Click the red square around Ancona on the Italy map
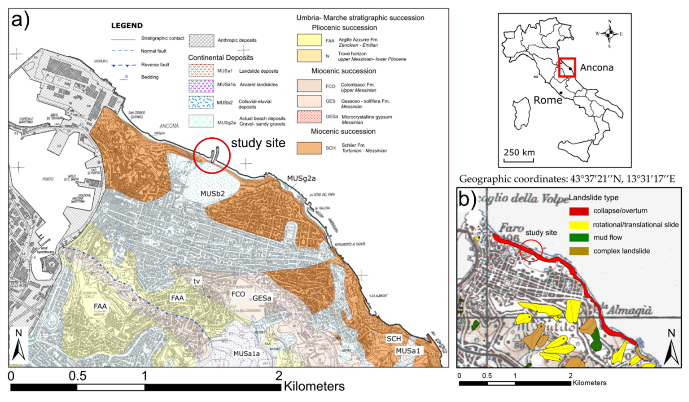pyautogui.click(x=567, y=67)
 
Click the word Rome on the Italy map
pyautogui.click(x=548, y=100)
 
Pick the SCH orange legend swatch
pyautogui.click(x=309, y=148)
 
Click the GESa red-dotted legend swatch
pyautogui.click(x=309, y=117)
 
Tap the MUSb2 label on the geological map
pyautogui.click(x=212, y=194)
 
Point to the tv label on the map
pyautogui.click(x=197, y=281)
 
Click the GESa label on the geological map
pyautogui.click(x=262, y=298)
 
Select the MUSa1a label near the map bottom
pyautogui.click(x=246, y=354)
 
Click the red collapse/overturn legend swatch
pyautogui.click(x=579, y=211)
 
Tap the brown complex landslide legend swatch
pyautogui.click(x=579, y=251)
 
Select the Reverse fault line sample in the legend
pyautogui.click(x=124, y=65)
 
